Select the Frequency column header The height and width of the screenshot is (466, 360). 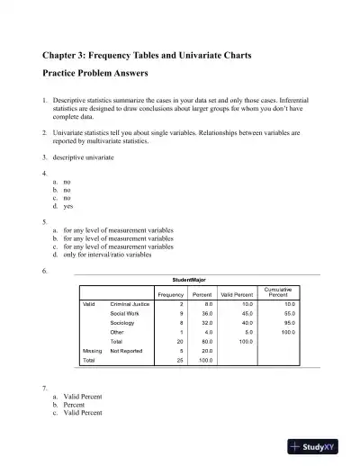170,295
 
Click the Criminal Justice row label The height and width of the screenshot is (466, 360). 129,304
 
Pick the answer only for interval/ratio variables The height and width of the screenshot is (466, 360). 107,255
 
